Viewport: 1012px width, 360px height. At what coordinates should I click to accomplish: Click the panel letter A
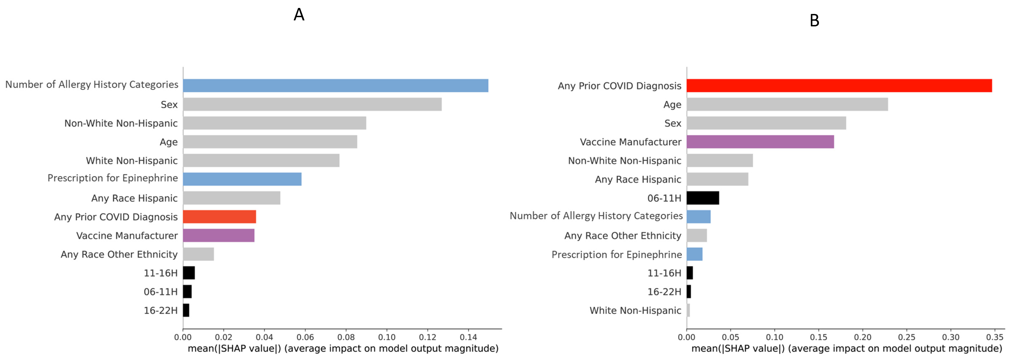pyautogui.click(x=299, y=15)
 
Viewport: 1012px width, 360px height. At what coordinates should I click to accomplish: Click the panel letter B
pyautogui.click(x=814, y=20)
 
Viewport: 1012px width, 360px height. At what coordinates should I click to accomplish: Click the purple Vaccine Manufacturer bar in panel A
pyautogui.click(x=218, y=235)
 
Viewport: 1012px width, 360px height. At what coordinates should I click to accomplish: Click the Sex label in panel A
pyautogui.click(x=169, y=105)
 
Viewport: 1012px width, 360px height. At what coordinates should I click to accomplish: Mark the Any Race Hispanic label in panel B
pyautogui.click(x=638, y=180)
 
